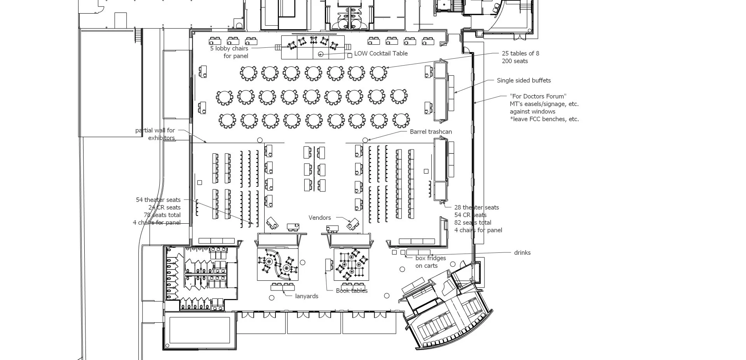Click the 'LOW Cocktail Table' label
click(x=381, y=54)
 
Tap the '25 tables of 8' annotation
click(x=520, y=54)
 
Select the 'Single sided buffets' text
click(x=524, y=81)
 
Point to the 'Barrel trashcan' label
click(x=431, y=132)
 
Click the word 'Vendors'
click(x=320, y=218)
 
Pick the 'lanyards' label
click(x=307, y=296)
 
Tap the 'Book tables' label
click(x=352, y=291)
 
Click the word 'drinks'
click(x=522, y=253)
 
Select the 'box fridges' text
click(x=431, y=258)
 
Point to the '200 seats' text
click(x=515, y=61)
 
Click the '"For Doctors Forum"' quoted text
click(x=538, y=96)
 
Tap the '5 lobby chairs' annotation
click(x=229, y=49)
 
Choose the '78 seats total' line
click(x=162, y=215)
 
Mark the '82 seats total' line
click(x=473, y=223)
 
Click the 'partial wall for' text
click(x=155, y=130)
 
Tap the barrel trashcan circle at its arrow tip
click(x=365, y=140)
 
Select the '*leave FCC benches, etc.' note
click(x=544, y=119)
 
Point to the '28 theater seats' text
click(x=477, y=208)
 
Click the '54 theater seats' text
click(x=158, y=200)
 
